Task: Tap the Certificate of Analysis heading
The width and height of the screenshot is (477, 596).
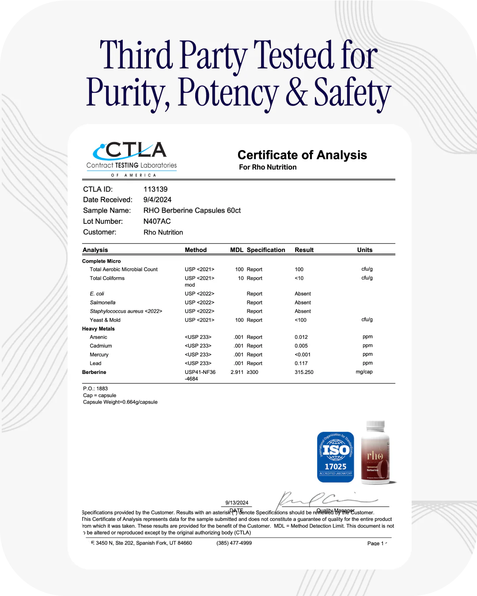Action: point(302,155)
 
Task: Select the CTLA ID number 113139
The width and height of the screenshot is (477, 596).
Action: point(155,189)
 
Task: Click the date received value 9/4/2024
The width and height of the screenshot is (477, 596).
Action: point(157,200)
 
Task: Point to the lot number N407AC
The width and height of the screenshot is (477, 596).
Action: point(157,221)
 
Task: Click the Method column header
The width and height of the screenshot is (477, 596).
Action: point(196,250)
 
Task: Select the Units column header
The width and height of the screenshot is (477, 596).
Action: point(364,250)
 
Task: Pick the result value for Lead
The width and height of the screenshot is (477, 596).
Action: point(301,363)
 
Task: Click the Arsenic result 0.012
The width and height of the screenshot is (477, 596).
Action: point(301,337)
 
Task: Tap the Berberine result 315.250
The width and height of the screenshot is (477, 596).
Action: point(304,372)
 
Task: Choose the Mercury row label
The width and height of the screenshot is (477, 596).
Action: point(99,355)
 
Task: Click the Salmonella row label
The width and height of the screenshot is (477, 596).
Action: point(102,302)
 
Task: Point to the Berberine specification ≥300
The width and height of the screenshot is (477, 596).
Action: point(253,372)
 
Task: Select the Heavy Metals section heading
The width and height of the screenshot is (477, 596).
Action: point(98,329)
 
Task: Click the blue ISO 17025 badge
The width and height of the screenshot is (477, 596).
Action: point(336,457)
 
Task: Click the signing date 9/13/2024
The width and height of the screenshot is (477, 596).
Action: point(237,502)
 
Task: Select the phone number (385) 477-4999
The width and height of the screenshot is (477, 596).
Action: point(234,543)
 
